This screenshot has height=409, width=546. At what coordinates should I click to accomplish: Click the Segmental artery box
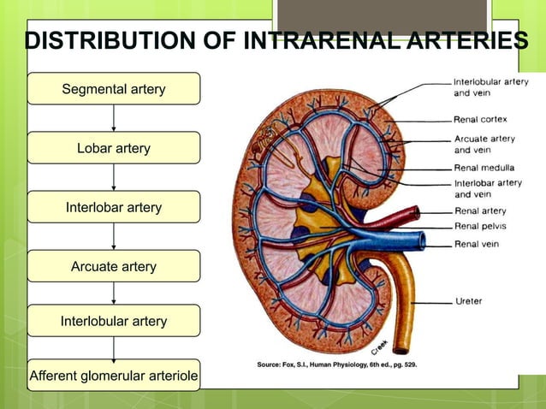click(x=114, y=89)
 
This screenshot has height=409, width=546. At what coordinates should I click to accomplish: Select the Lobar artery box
click(x=114, y=148)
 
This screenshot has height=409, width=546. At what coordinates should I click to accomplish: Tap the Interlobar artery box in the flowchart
click(x=114, y=207)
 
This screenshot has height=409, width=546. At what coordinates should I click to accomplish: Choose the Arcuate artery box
click(x=114, y=266)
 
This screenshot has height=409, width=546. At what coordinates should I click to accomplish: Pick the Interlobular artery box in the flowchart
click(x=114, y=321)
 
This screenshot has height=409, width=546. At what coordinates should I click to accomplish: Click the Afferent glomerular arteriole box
click(x=114, y=376)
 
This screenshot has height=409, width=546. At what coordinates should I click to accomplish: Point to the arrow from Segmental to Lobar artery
click(x=114, y=118)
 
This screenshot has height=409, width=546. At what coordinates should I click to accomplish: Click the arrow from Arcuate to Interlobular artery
click(x=114, y=293)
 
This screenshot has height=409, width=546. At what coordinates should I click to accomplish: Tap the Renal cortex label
click(x=482, y=119)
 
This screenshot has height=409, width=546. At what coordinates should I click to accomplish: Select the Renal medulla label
click(x=484, y=167)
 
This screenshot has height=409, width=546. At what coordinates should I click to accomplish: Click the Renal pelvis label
click(x=481, y=226)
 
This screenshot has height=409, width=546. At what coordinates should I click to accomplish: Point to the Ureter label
click(x=468, y=301)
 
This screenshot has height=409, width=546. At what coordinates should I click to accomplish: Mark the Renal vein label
click(x=477, y=244)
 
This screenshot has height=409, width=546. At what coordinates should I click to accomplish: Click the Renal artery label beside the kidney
click(x=480, y=210)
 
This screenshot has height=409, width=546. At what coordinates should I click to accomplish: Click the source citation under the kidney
click(x=337, y=365)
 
